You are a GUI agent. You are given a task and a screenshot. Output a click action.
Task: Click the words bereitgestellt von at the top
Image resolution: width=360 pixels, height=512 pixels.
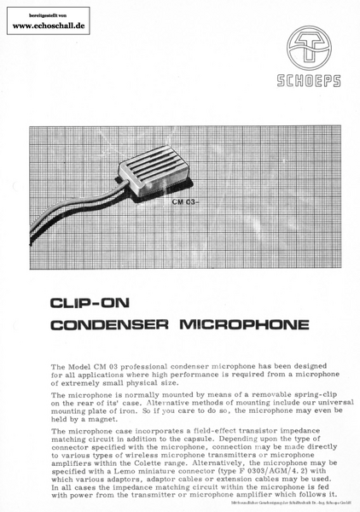point(48,16)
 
